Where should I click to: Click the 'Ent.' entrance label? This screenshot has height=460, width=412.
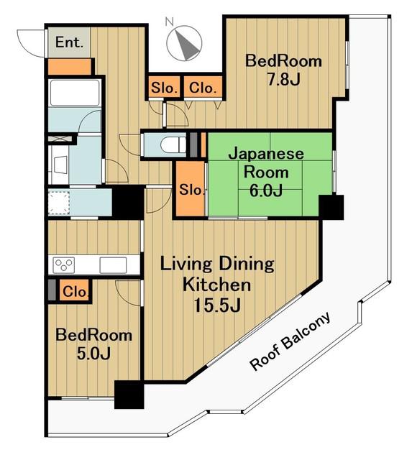pos(69,42)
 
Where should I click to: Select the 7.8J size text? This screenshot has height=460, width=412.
pos(283,79)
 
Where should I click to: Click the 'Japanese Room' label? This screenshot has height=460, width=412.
pos(266,163)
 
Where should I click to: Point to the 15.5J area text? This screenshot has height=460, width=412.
pos(217,305)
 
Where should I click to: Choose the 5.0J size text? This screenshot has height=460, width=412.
pos(93,354)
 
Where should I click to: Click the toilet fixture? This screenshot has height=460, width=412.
pos(173,145)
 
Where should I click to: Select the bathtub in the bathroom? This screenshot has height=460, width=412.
pos(75,93)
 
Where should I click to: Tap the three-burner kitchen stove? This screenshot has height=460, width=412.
pos(64,265)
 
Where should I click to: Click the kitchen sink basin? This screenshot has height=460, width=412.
pos(113,265)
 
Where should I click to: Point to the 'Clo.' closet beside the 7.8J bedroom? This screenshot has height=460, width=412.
pos(203,87)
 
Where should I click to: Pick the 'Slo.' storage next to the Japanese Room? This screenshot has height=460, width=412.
pos(191,188)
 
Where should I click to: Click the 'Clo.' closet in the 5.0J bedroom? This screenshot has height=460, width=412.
pos(75,291)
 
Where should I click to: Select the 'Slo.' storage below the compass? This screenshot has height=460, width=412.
pos(164,87)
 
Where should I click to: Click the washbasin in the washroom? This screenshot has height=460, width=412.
pos(60,165)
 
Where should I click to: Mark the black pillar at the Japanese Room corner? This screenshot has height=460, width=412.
pos(331,207)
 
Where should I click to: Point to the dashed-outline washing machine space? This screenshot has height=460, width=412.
pos(59,203)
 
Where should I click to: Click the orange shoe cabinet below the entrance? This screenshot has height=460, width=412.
pos(69,67)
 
